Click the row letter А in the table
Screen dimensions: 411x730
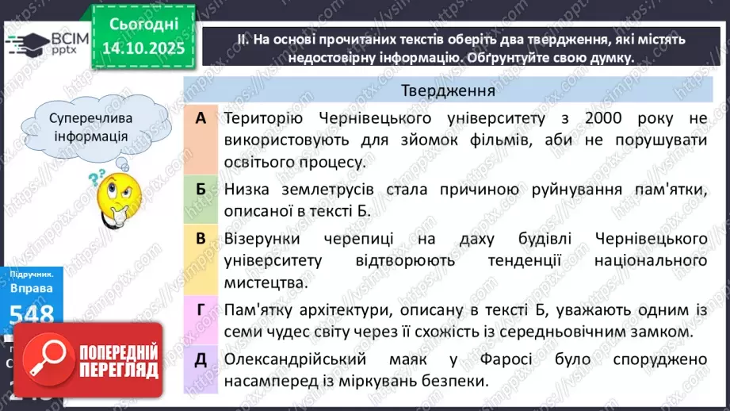(x=200, y=118)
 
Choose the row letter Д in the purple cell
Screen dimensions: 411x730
(x=201, y=358)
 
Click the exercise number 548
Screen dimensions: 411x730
(x=32, y=313)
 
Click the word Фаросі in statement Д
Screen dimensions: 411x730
(x=491, y=359)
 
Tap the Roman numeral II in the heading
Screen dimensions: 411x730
(x=243, y=39)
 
